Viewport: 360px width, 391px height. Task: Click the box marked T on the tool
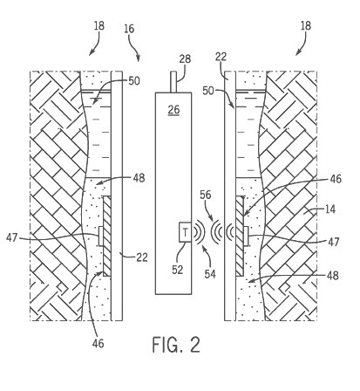pos(185,232)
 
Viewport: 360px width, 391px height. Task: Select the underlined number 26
pos(173,110)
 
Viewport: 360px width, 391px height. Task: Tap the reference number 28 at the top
pos(185,58)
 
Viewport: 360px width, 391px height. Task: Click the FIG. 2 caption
pos(176,345)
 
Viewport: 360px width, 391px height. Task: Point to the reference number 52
pos(178,270)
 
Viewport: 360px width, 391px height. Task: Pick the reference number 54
pos(210,274)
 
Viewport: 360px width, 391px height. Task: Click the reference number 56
pos(206,195)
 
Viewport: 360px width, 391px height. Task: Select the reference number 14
pos(330,209)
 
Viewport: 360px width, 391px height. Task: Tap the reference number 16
pos(129,29)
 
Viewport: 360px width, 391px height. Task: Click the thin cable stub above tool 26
pos(173,82)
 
